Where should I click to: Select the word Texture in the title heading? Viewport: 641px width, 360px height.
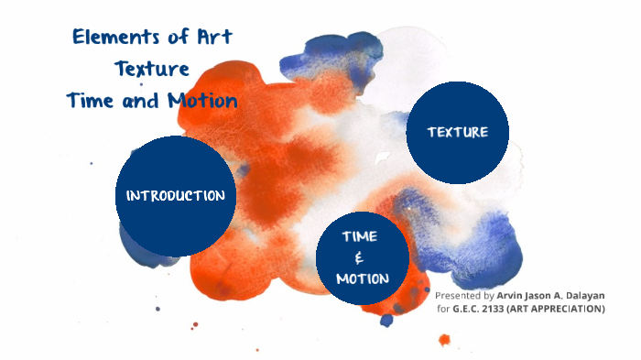pyautogui.click(x=152, y=69)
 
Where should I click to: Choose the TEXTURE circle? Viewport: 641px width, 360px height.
pyautogui.click(x=457, y=132)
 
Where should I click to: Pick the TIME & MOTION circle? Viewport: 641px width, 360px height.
pyautogui.click(x=361, y=257)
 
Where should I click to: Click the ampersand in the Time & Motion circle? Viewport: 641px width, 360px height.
pyautogui.click(x=360, y=257)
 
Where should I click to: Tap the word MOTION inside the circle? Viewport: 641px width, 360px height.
pyautogui.click(x=362, y=278)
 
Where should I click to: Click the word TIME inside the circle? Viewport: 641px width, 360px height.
pyautogui.click(x=360, y=236)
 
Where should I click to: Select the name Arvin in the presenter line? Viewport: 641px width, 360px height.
pyautogui.click(x=511, y=296)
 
